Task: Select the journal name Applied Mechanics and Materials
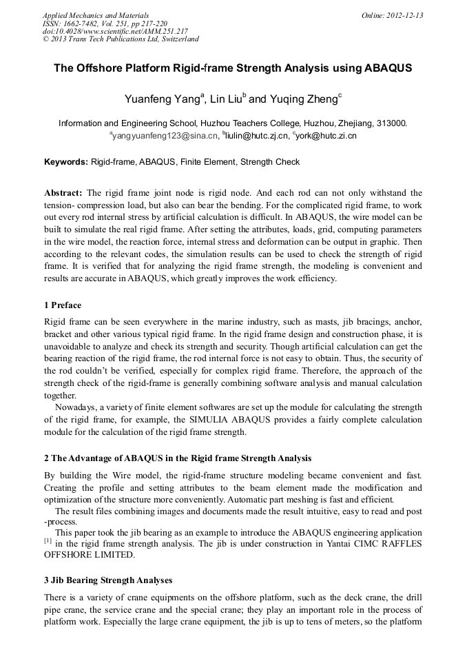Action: (x=95, y=15)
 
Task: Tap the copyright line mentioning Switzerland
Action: (x=121, y=39)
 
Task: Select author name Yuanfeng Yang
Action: (x=162, y=99)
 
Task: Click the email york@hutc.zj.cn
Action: (x=326, y=136)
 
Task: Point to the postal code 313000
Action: (x=392, y=123)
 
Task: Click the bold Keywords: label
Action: (x=66, y=162)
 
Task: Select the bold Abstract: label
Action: (x=63, y=193)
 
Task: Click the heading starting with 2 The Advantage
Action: (x=168, y=458)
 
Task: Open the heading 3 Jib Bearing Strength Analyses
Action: (x=108, y=580)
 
